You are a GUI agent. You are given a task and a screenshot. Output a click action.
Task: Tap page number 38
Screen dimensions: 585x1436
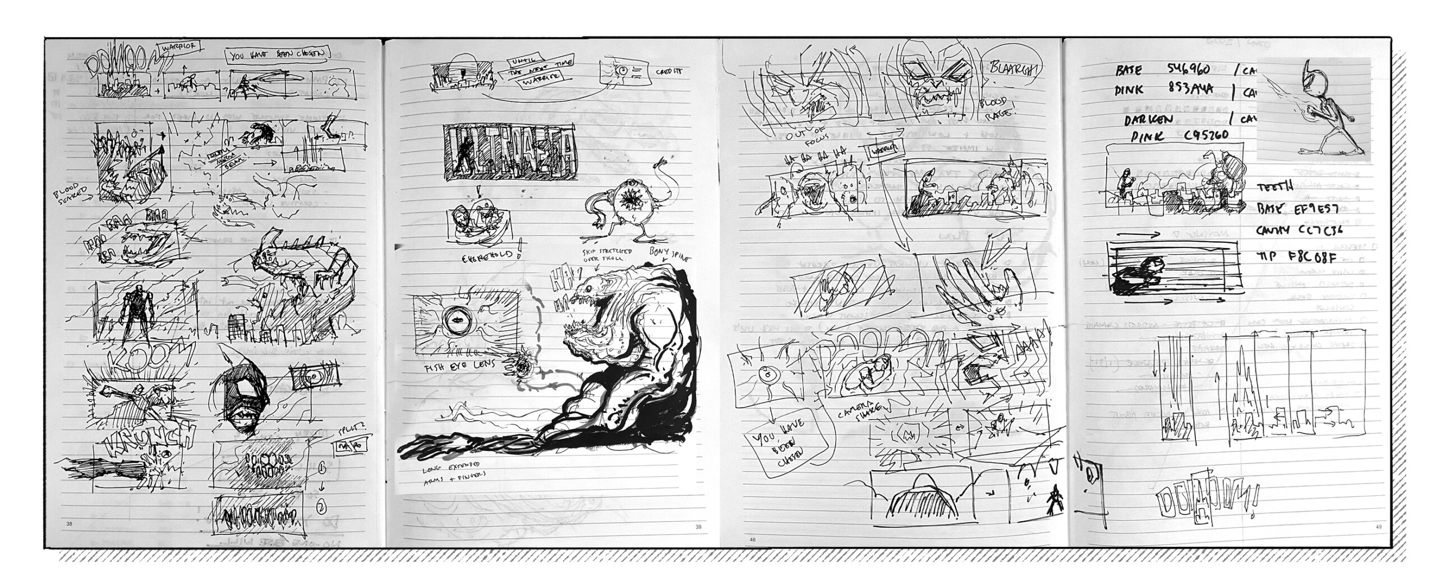70,525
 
